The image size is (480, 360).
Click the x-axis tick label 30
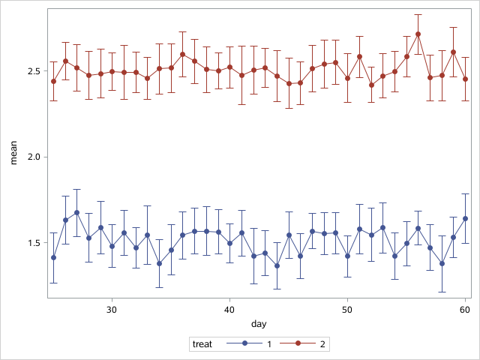click(x=112, y=309)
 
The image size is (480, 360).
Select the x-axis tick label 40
click(x=229, y=309)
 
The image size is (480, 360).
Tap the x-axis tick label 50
click(x=347, y=309)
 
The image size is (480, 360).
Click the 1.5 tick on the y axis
click(x=32, y=243)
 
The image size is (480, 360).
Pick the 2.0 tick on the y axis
click(x=32, y=157)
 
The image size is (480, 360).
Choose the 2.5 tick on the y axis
click(x=32, y=71)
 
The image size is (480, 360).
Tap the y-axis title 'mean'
click(x=12, y=153)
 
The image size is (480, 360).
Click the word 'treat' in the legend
click(x=202, y=344)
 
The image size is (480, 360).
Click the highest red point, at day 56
click(x=418, y=34)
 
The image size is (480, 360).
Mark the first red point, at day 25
click(x=53, y=81)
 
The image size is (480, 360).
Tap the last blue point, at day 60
click(x=465, y=218)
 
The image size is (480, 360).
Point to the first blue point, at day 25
click(x=53, y=257)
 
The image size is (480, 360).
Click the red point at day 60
click(x=465, y=79)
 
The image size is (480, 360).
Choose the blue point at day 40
click(x=229, y=243)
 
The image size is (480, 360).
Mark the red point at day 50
click(x=347, y=78)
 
